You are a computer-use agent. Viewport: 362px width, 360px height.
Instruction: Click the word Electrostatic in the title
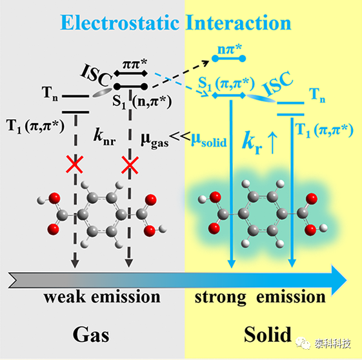pyautogui.click(x=120, y=23)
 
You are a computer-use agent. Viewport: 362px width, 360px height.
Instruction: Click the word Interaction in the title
pyautogui.click(x=239, y=23)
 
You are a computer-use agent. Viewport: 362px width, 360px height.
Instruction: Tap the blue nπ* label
pyautogui.click(x=230, y=49)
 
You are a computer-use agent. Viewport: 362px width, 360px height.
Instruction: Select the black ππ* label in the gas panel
pyautogui.click(x=135, y=64)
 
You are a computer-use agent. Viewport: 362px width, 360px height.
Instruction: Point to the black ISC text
pyautogui.click(x=96, y=75)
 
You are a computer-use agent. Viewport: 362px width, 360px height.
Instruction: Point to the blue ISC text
pyautogui.click(x=277, y=83)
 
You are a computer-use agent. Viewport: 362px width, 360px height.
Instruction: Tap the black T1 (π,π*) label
pyautogui.click(x=35, y=126)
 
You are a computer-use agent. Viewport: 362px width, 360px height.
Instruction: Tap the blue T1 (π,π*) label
pyautogui.click(x=324, y=130)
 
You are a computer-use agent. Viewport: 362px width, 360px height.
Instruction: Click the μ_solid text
pyautogui.click(x=209, y=140)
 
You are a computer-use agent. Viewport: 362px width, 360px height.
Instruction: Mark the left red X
pyautogui.click(x=75, y=164)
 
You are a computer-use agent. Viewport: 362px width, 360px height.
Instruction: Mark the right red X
pyautogui.click(x=130, y=165)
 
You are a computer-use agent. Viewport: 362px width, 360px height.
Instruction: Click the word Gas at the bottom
pyautogui.click(x=91, y=335)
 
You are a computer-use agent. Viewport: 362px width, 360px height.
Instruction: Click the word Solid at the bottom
pyautogui.click(x=268, y=334)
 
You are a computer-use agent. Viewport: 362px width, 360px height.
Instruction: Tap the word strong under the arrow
pyautogui.click(x=220, y=297)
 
